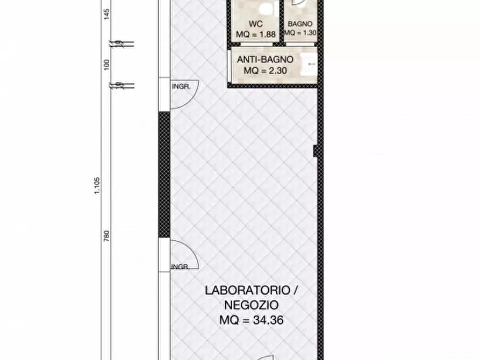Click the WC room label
click(255, 24)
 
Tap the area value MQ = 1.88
click(256, 34)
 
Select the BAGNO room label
click(300, 24)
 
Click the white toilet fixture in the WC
click(264, 8)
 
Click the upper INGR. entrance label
click(180, 86)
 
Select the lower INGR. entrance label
click(180, 267)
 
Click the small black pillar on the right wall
click(317, 151)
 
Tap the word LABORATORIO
click(245, 290)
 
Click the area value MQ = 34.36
click(252, 320)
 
